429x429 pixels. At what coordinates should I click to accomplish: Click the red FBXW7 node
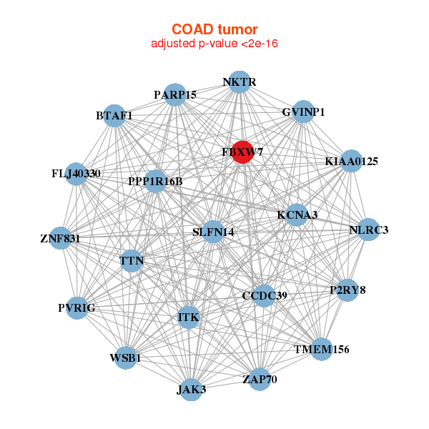tap(242, 152)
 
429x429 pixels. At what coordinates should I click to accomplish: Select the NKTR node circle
tap(240, 83)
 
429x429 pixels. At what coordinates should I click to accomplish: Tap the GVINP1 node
tap(303, 112)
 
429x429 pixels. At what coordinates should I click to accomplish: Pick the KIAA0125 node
tap(350, 162)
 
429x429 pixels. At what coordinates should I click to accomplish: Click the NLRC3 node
tap(368, 230)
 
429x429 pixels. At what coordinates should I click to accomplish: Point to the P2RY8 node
tap(347, 290)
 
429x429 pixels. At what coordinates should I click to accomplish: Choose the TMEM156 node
tap(322, 349)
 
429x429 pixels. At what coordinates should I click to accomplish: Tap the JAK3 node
tap(191, 389)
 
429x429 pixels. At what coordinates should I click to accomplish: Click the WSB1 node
tap(126, 357)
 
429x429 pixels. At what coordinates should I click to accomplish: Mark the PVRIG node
tap(77, 307)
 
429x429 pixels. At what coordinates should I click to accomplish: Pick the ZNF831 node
tap(60, 238)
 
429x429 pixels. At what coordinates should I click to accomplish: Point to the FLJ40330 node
tap(77, 174)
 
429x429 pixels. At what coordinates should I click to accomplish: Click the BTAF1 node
tap(114, 116)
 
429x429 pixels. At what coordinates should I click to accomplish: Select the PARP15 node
tap(175, 95)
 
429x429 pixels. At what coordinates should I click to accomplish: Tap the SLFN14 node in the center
tap(213, 232)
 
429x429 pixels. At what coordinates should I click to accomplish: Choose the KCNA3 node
tap(297, 214)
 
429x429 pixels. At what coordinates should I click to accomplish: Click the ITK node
tap(189, 317)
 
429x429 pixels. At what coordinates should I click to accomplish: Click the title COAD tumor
tap(214, 29)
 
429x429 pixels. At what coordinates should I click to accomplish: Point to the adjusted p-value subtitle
tap(214, 44)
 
